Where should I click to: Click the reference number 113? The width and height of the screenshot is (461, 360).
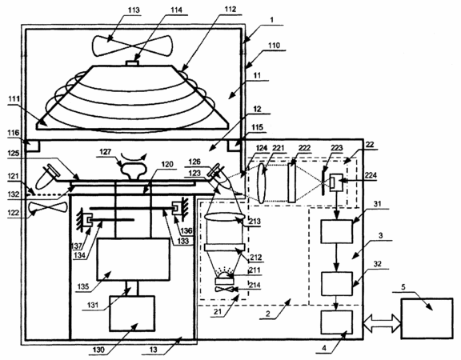134,10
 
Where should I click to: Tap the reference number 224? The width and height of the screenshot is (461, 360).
370,175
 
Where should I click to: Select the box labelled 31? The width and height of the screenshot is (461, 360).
337,231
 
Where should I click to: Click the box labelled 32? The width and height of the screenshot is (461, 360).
337,283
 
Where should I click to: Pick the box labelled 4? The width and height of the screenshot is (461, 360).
337,322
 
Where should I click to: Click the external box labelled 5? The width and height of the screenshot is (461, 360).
427,318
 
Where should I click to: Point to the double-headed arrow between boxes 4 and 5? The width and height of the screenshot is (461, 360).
383,322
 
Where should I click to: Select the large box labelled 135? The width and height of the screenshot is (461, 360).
134,259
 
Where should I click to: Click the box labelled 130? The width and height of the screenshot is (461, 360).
132,314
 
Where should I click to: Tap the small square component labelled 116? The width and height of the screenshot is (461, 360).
33,146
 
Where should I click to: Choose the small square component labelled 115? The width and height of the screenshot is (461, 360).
235,146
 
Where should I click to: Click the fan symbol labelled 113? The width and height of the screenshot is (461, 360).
133,46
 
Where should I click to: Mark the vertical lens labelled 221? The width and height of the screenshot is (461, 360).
262,183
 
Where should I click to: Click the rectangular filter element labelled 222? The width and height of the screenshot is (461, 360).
291,182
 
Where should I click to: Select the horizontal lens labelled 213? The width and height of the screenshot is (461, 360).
224,217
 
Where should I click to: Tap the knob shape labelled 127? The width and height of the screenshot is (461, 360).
133,170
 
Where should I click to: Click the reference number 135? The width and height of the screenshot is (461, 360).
83,286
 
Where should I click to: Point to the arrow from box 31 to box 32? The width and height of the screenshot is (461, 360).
337,258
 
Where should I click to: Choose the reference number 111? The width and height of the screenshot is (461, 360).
14,98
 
